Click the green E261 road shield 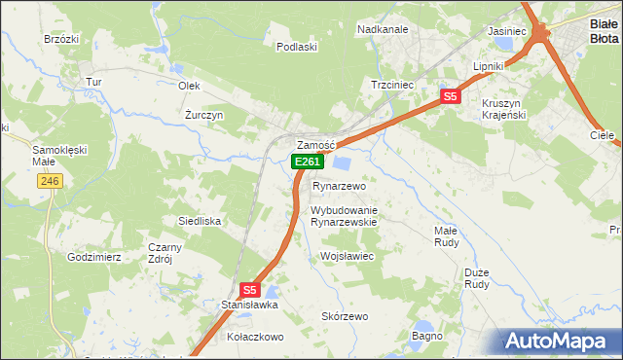pos(307,162)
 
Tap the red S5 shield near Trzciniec pos(450,96)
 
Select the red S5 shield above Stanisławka pos(250,289)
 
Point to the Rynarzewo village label pos(338,186)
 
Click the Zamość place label pos(315,145)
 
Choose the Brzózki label pos(60,39)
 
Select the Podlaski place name pos(297,47)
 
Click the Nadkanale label pos(383,30)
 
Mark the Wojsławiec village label pos(348,256)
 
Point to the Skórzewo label pos(345,316)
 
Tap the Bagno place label pos(428,336)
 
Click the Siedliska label pos(199,221)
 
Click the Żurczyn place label pos(204,115)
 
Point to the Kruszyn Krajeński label pos(504,109)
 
